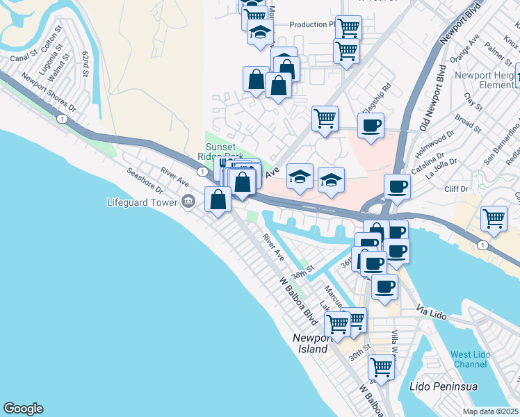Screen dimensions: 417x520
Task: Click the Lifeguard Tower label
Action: pos(142,202)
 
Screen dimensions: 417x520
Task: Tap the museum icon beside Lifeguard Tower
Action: pos(187,202)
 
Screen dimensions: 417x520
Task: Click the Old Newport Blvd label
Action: pos(432,97)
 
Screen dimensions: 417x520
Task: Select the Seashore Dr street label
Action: pos(144,180)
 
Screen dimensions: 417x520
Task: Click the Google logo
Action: pos(23,409)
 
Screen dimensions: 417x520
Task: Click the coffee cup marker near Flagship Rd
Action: pos(370,126)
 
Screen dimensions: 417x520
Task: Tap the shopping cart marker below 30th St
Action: pos(381,366)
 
